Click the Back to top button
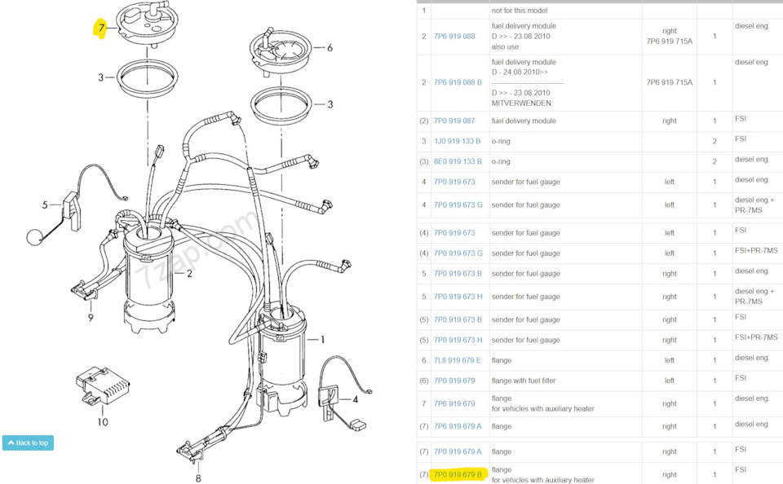pos(28,442)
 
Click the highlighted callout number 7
pos(101,28)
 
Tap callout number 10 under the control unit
pos(103,422)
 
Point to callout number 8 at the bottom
pos(198,478)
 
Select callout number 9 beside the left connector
pos(91,317)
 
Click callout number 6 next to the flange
pos(330,48)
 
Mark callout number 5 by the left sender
pos(45,205)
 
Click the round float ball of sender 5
pos(35,236)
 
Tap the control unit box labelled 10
pos(103,385)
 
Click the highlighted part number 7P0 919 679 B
pos(458,474)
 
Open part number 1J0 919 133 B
pos(457,141)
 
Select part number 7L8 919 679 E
pos(457,360)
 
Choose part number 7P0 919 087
pos(454,121)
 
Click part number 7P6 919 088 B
pos(458,82)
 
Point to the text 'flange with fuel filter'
pos(524,381)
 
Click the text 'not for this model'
pos(520,11)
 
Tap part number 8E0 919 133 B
pos(458,161)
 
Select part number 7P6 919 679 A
pos(458,427)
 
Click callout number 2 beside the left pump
pos(190,274)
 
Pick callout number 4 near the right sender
pos(355,399)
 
